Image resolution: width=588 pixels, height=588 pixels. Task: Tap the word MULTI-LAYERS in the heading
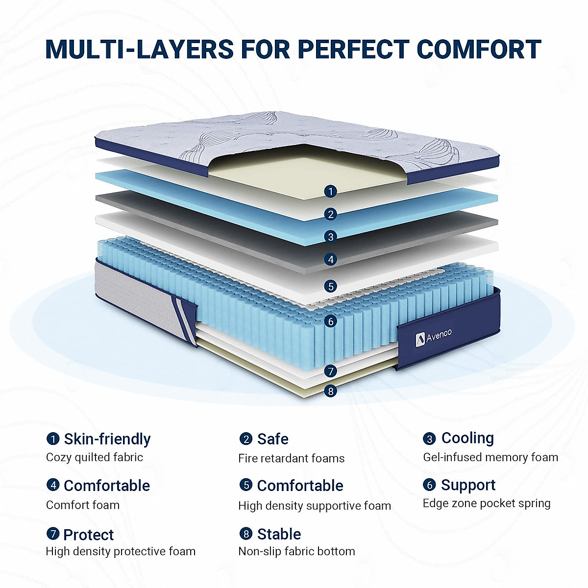pos(139,49)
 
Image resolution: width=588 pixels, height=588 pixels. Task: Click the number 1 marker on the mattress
pos(331,191)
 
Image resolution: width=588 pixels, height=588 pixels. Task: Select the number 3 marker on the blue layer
pos(331,237)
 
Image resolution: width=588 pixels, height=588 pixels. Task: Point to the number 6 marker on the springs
pos(331,321)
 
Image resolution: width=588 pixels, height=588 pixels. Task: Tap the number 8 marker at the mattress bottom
pos(331,391)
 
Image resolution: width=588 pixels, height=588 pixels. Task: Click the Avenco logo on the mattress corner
pos(434,337)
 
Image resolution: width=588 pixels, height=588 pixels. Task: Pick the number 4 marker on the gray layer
pos(331,259)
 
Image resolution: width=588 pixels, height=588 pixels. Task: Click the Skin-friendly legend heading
pos(107,439)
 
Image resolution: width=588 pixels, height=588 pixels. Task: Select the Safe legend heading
pos(272,439)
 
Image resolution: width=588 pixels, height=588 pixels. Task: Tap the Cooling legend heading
pos(467,438)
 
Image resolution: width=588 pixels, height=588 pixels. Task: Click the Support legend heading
pos(468,485)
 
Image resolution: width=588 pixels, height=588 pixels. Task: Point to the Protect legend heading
pos(88,535)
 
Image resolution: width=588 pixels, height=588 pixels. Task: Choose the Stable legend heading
pos(279,534)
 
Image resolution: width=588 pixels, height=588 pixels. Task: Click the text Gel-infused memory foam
pos(490,457)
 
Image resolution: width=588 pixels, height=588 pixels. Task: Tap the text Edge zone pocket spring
pos(487,503)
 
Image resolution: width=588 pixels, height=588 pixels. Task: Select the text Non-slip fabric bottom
pos(296,551)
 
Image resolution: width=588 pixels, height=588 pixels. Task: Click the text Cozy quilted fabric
pos(95,457)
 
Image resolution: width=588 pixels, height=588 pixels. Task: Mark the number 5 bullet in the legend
pos(245,485)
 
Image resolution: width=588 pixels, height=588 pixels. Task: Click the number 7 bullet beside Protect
pos(53,534)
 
